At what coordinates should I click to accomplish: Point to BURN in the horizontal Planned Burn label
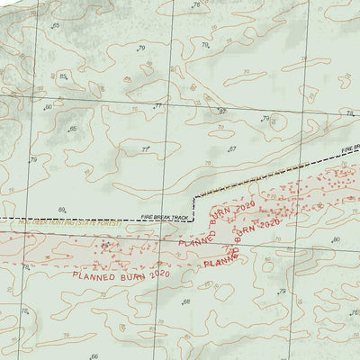(x=132, y=275)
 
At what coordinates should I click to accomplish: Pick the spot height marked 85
(x=62, y=76)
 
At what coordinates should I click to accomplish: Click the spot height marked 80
(x=337, y=239)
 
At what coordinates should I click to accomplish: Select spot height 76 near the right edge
(x=350, y=113)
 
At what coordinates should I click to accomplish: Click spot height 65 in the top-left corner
(x=56, y=25)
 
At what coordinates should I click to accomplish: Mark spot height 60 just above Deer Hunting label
(x=62, y=210)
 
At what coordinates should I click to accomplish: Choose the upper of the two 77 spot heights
(x=158, y=106)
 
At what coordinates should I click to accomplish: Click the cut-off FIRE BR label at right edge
(x=350, y=147)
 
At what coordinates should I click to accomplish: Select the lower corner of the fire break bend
(x=193, y=219)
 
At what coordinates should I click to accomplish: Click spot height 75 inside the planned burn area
(x=104, y=245)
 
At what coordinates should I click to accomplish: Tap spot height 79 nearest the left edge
(x=33, y=160)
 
